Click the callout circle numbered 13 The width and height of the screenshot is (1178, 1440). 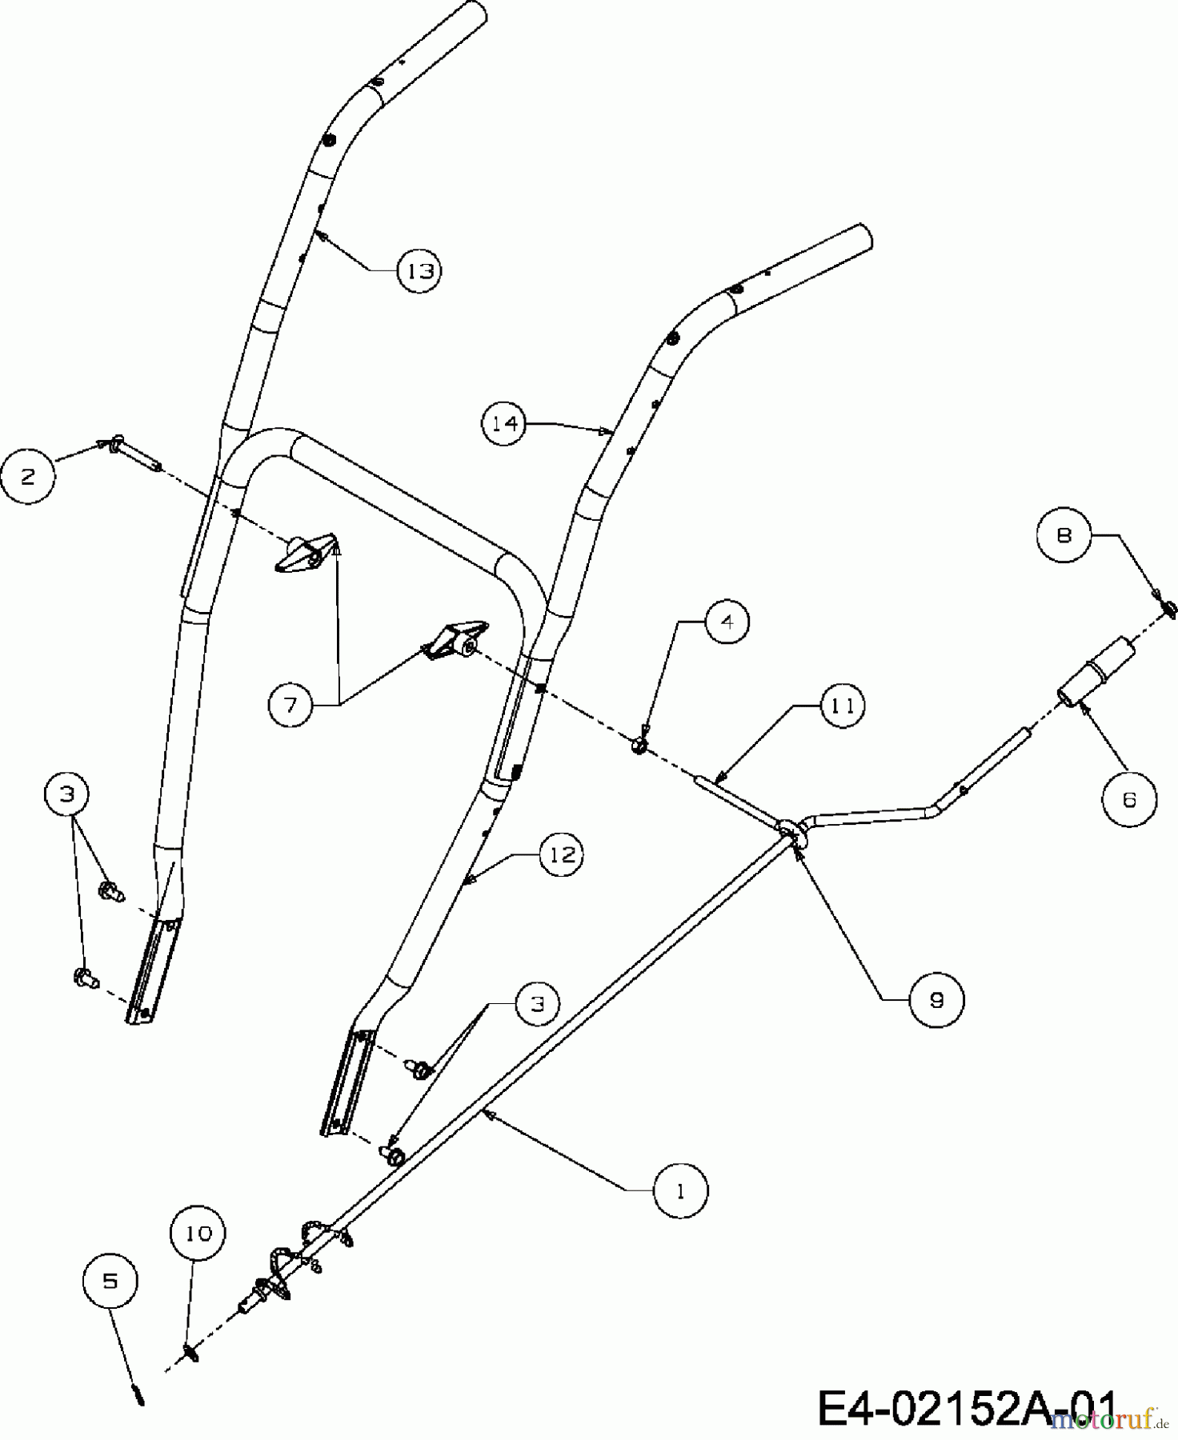[420, 270]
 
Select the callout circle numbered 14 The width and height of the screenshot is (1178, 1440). [505, 423]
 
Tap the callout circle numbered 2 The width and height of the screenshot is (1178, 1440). [29, 477]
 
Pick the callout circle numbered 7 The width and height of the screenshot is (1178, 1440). [290, 704]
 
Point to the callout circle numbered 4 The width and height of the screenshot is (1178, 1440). [727, 622]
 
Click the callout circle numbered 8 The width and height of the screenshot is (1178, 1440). [1064, 534]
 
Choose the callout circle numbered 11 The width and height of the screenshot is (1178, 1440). [842, 706]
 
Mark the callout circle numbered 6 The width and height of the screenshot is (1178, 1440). [1129, 798]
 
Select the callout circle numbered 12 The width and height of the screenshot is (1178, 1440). [562, 854]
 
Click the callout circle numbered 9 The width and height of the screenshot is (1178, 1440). [936, 999]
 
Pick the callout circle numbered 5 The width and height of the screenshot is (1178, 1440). [110, 1281]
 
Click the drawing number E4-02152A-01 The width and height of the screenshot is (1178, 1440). [967, 1408]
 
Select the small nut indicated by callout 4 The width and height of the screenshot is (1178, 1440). [639, 746]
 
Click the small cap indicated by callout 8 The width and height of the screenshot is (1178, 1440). [1168, 610]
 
